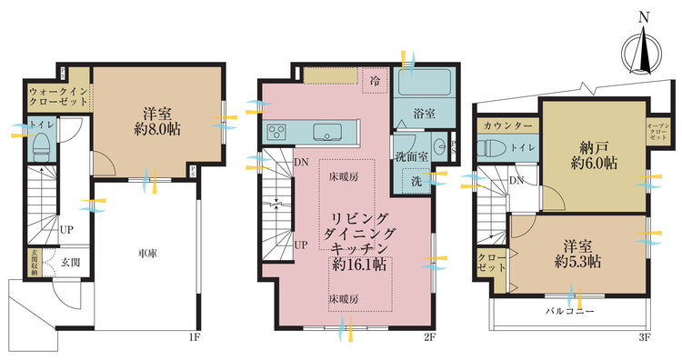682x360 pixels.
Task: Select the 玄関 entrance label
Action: click(x=70, y=263)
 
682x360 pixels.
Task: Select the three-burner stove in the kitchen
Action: click(x=276, y=133)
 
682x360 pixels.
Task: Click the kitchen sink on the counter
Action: click(x=326, y=133)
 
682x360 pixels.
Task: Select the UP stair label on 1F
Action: click(x=66, y=230)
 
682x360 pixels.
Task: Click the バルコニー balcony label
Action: click(x=570, y=312)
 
